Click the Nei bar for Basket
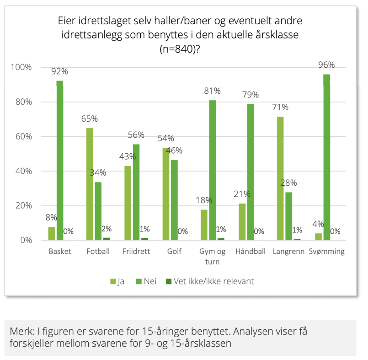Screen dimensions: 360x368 pos(59,160)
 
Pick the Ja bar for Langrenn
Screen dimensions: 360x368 pos(280,178)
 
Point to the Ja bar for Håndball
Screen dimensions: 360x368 pos(242,222)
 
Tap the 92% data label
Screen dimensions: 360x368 pos(59,71)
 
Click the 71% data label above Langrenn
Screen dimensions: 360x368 pos(280,107)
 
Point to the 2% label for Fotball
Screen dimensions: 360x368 pos(106,229)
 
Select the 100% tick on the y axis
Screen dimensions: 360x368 pos(21,68)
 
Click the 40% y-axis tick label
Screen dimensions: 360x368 pos(23,171)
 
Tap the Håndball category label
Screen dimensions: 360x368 pos(250,252)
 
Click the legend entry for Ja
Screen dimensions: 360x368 pos(117,281)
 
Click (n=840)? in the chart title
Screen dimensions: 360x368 pos(180,49)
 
